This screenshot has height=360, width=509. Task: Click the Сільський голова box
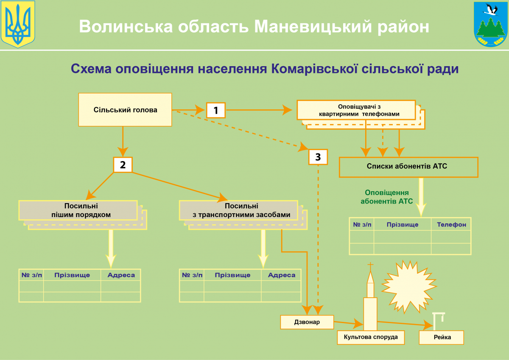125,110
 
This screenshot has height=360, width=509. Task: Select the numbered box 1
216,110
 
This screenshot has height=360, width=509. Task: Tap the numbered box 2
123,165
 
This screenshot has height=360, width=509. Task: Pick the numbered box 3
318,157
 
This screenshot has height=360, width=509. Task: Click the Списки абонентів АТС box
408,167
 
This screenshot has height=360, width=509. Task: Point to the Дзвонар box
307,322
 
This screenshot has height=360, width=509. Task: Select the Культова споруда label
371,337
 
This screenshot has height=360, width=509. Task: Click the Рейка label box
442,338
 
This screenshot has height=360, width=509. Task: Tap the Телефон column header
451,224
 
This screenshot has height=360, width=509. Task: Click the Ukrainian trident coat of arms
17,24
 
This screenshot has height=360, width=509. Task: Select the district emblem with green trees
491,24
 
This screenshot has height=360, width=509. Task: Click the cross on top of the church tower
370,266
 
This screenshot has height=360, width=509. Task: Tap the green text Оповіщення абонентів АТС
386,197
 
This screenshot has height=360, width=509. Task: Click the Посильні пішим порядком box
78,210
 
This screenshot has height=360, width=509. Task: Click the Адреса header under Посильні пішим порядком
121,275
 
